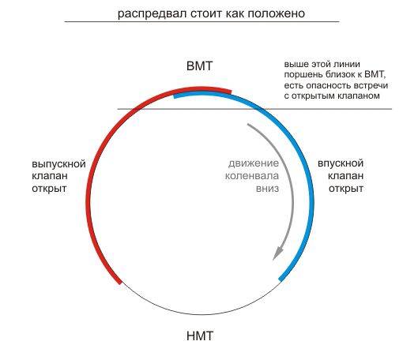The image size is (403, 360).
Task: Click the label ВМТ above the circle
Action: [x=199, y=66]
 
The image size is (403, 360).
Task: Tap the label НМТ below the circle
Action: [x=200, y=336]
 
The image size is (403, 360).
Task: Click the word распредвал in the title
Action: [x=153, y=13]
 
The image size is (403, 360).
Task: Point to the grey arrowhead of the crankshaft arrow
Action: [x=277, y=253]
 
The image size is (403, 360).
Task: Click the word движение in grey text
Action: [x=254, y=163]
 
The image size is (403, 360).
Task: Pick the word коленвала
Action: [x=252, y=176]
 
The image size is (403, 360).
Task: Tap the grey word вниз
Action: [x=267, y=189]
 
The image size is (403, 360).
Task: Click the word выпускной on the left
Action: [x=58, y=164]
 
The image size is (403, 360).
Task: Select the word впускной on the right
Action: [x=341, y=163]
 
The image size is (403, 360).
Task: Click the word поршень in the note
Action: [x=303, y=75]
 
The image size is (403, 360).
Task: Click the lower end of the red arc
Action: [x=119, y=283]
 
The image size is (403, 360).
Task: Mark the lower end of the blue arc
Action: [x=281, y=279]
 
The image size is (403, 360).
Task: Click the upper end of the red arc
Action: [x=231, y=92]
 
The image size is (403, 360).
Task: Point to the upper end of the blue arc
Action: [x=174, y=97]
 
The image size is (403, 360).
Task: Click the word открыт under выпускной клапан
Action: [x=49, y=189]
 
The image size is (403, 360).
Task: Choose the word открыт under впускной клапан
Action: [x=346, y=189]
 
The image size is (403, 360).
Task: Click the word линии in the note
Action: [x=348, y=64]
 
